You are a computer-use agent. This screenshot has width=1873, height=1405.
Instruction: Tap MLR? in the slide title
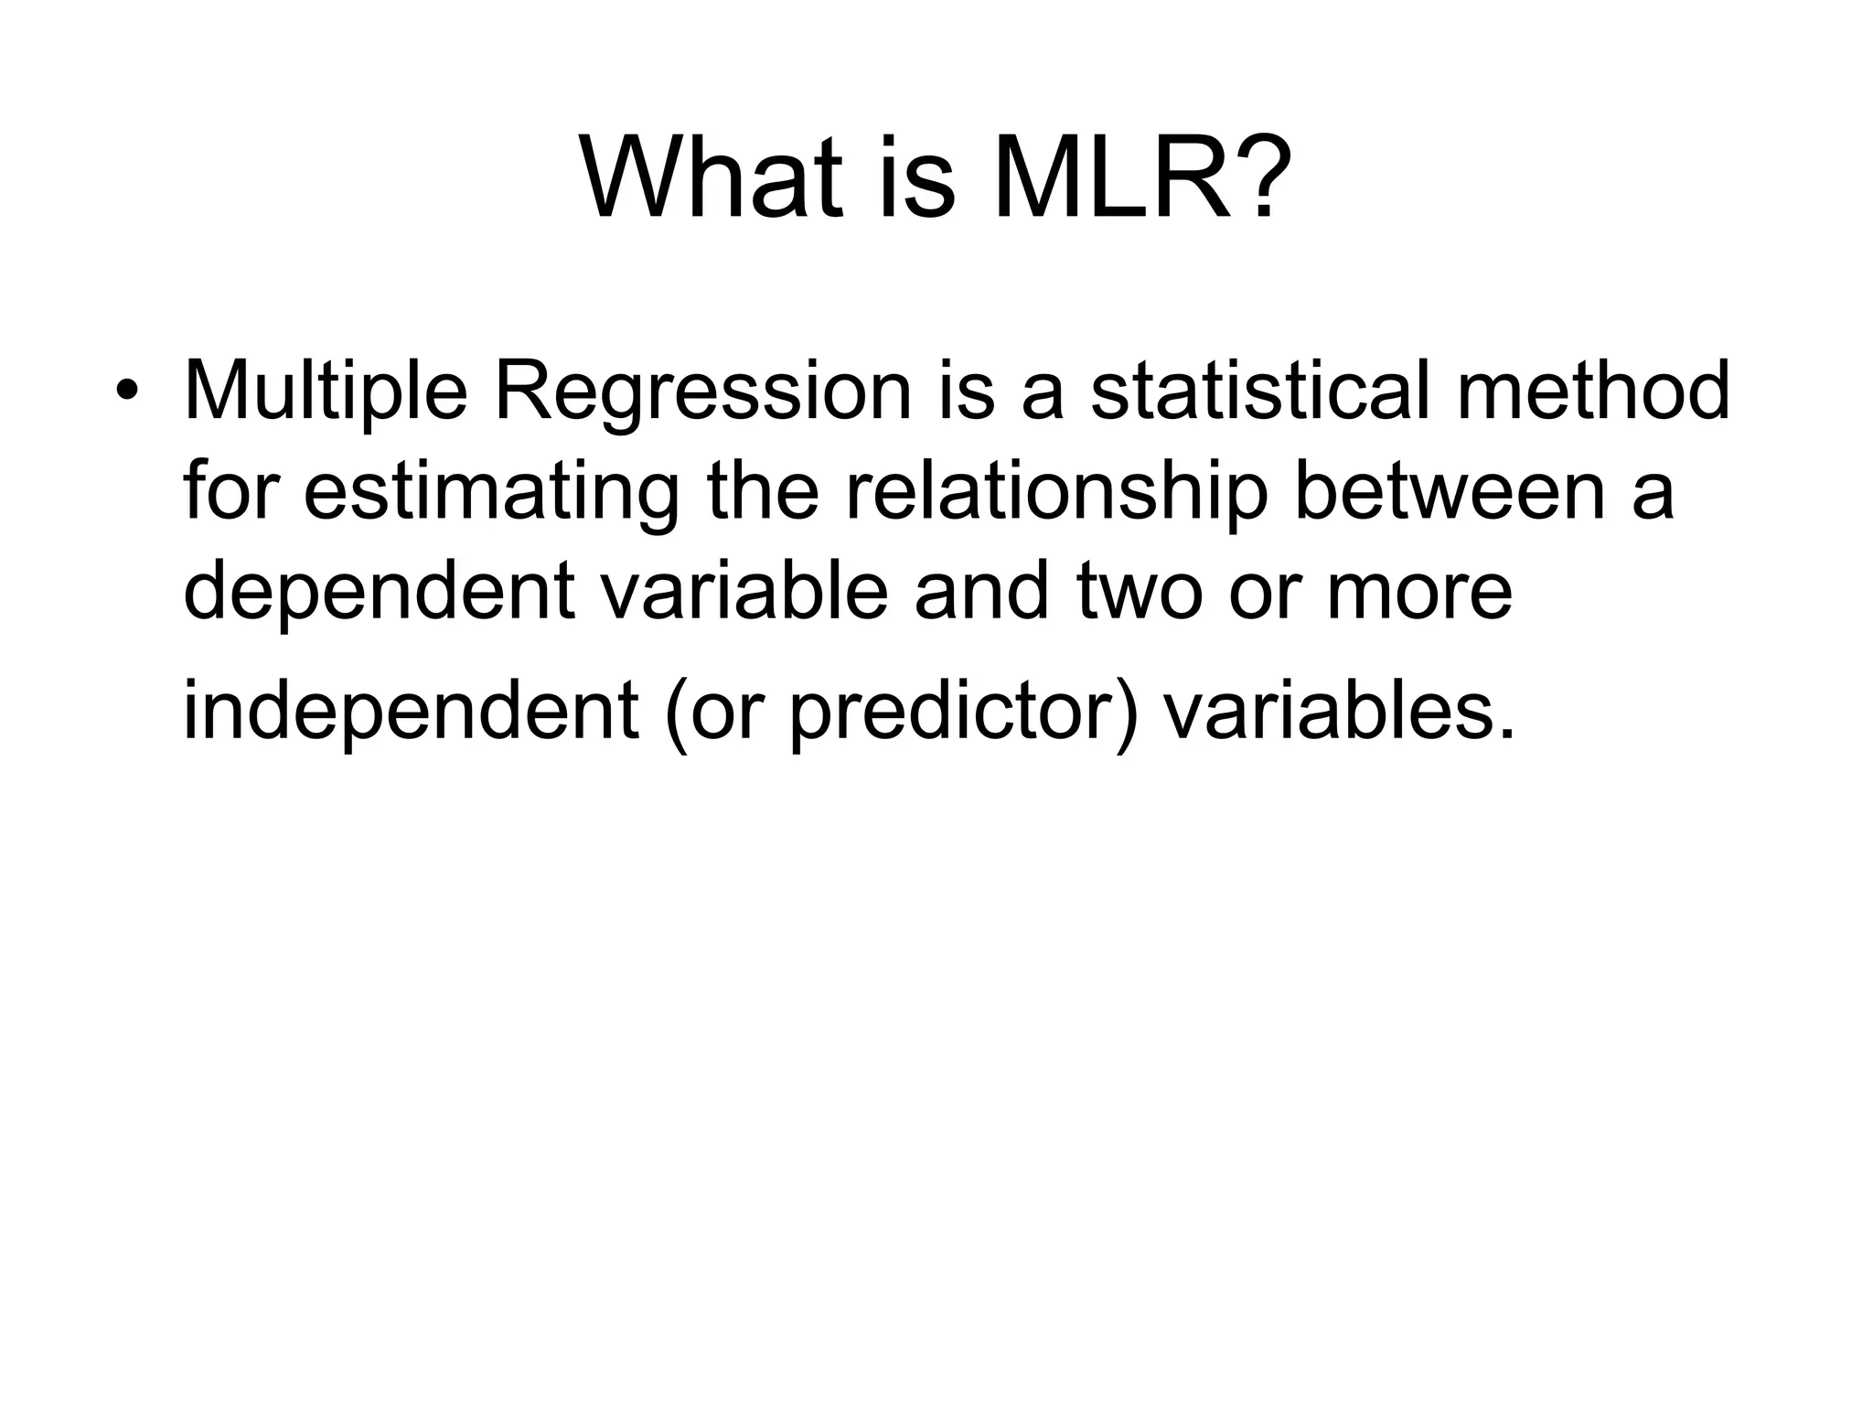[x=1143, y=177]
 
